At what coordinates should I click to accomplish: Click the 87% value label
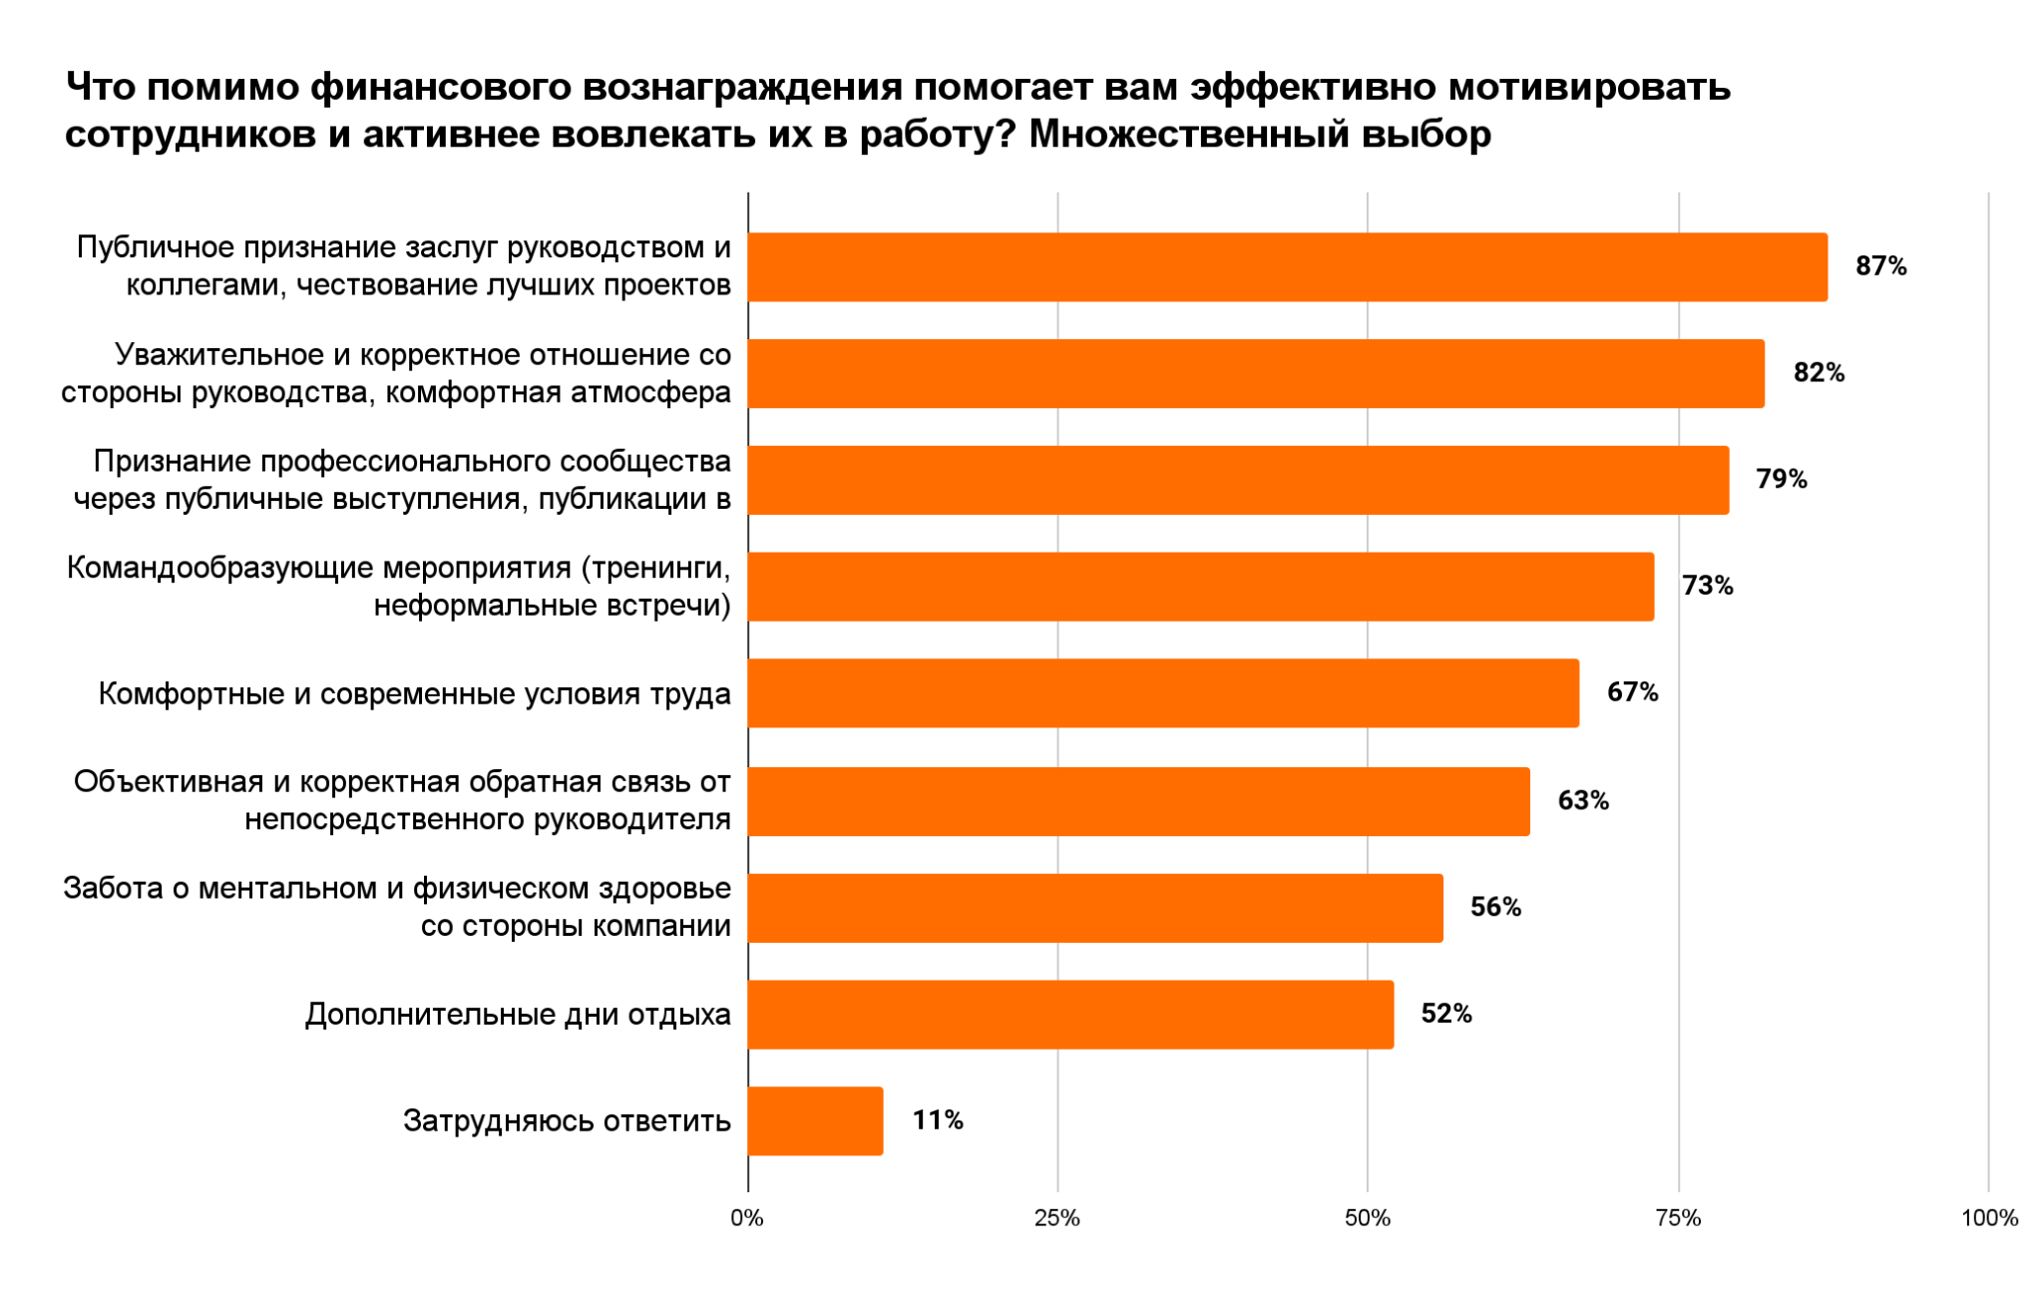click(x=1880, y=266)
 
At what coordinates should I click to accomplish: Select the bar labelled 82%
click(x=1255, y=373)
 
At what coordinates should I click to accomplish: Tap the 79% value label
click(x=1781, y=480)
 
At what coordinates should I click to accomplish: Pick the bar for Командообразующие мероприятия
click(x=1200, y=587)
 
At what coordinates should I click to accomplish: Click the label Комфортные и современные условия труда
click(x=414, y=693)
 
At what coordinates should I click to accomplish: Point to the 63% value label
click(x=1583, y=800)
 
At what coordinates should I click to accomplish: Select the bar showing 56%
click(x=1094, y=908)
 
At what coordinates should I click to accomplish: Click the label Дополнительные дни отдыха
click(x=518, y=1015)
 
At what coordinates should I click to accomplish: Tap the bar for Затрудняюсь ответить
click(x=815, y=1120)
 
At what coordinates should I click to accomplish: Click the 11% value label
click(x=938, y=1120)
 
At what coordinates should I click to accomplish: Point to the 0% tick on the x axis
click(x=746, y=1218)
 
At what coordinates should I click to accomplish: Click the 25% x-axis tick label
click(x=1056, y=1218)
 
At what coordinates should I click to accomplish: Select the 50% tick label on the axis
click(x=1367, y=1218)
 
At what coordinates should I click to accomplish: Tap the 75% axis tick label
click(x=1678, y=1218)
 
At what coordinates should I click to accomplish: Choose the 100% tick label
click(x=1989, y=1218)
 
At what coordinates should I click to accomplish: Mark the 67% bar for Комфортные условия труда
click(x=1162, y=693)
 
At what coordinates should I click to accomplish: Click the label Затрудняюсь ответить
click(x=567, y=1121)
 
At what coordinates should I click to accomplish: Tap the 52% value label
click(x=1446, y=1014)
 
